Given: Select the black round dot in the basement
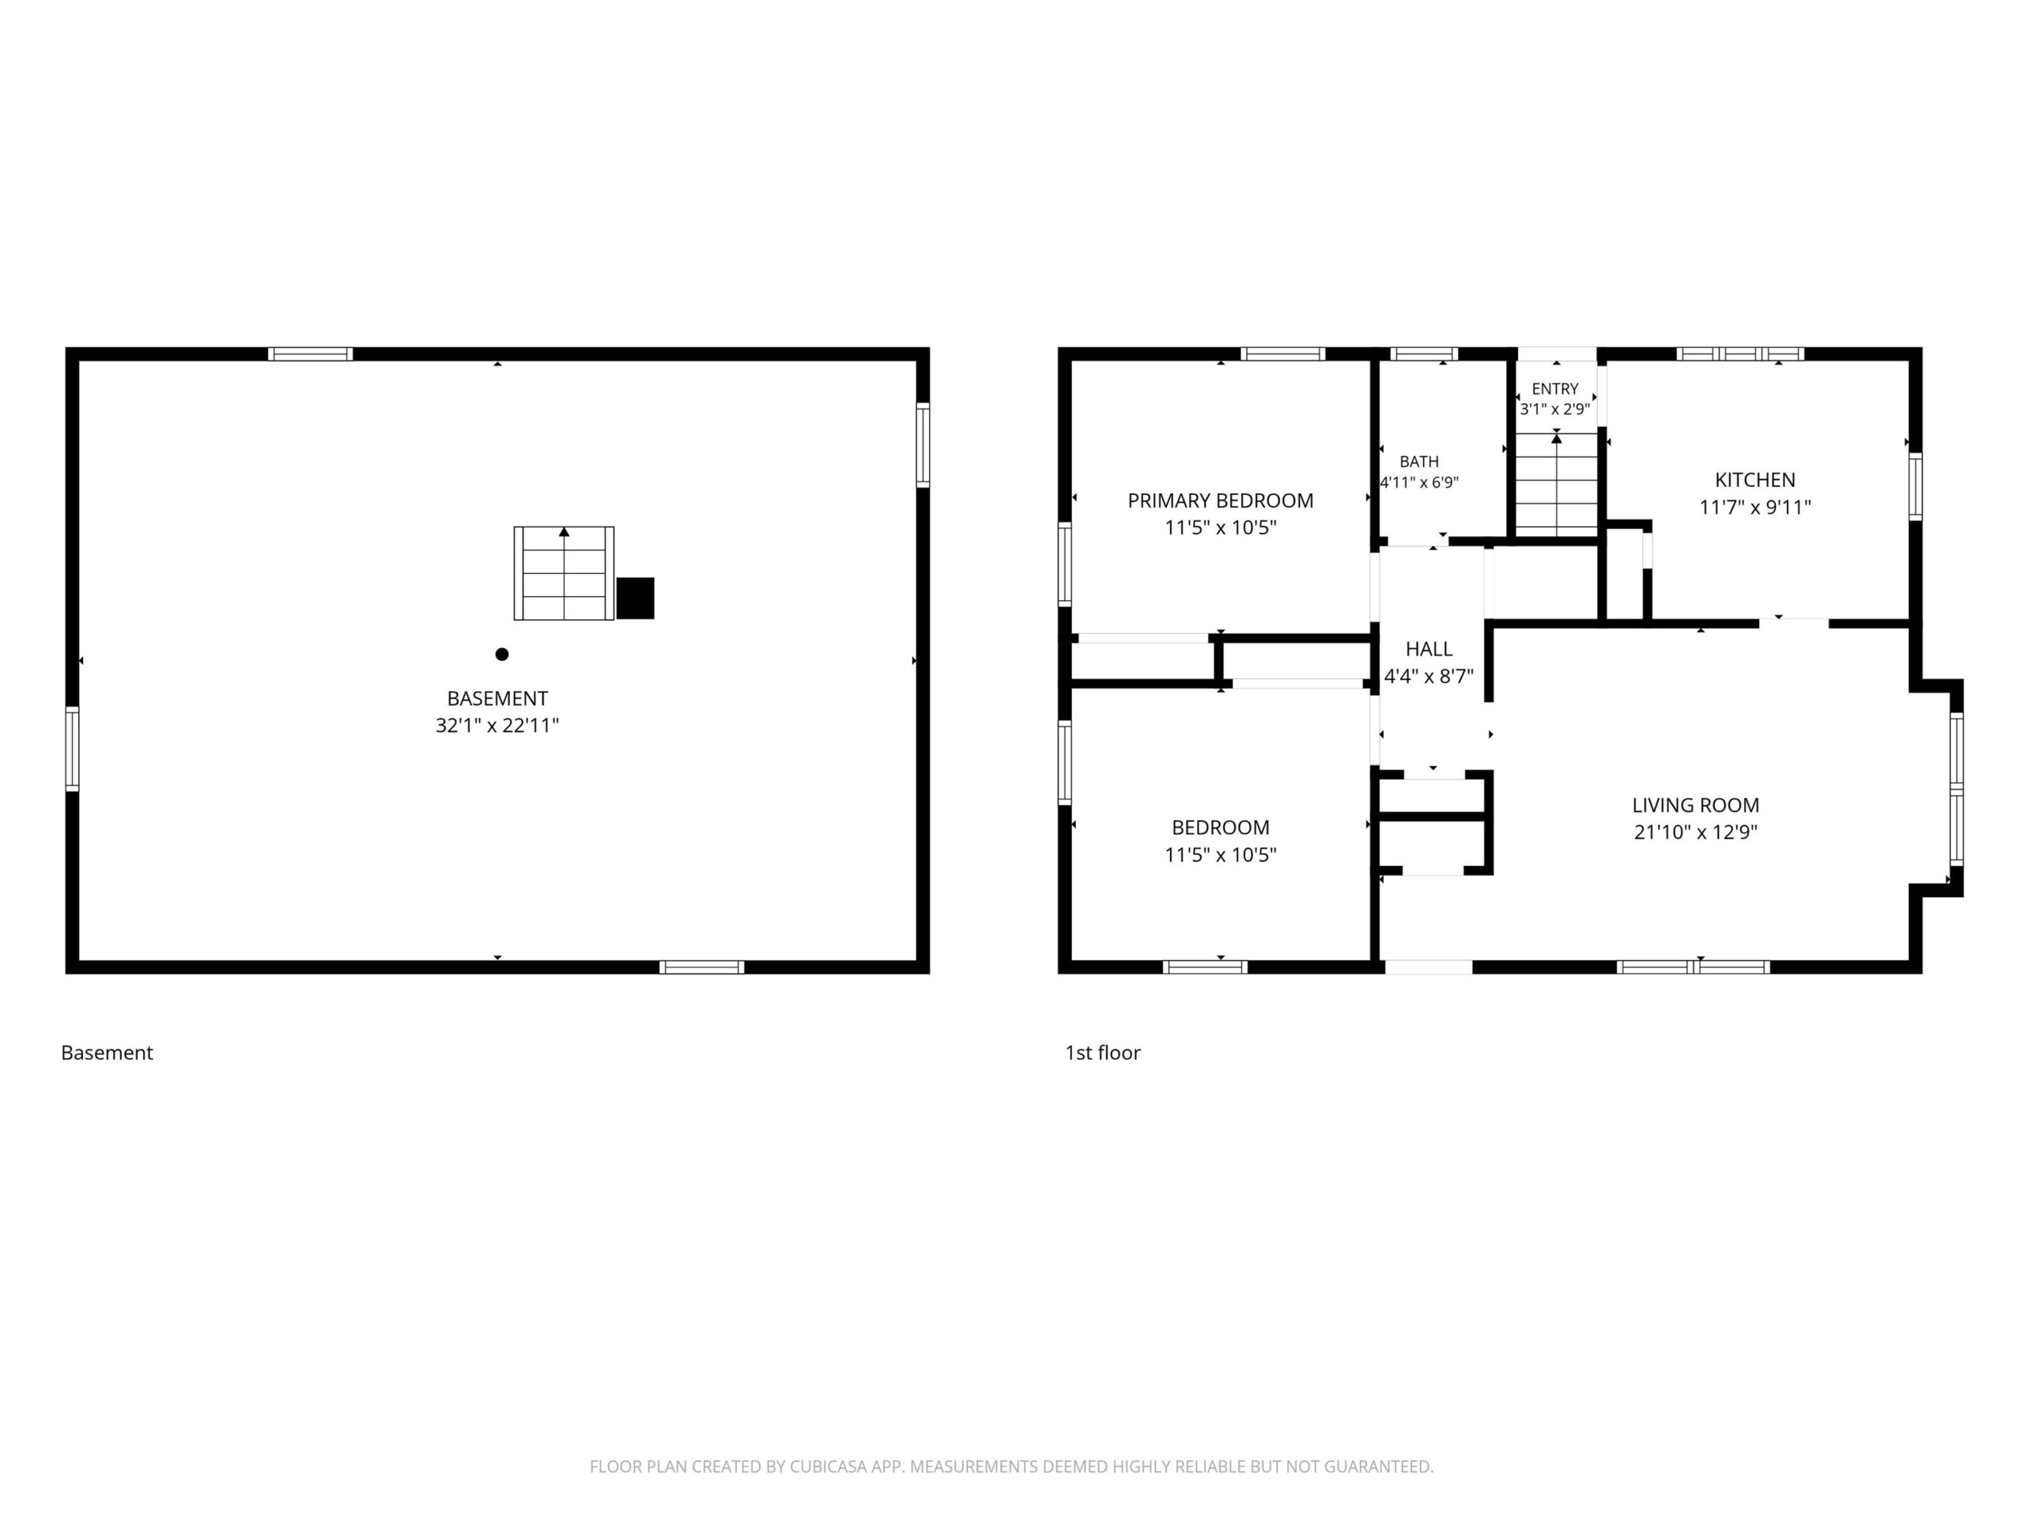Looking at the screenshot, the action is [501, 654].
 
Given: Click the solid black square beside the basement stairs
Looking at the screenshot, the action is [635, 599].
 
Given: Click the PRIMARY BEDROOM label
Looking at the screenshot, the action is [1221, 500].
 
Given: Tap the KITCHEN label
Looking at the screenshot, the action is [1755, 479].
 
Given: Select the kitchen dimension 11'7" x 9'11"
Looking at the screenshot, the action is [1755, 507].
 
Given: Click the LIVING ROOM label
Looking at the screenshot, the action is [1696, 805].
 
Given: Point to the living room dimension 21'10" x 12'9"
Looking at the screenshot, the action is [1696, 833].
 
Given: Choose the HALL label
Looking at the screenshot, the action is [1429, 649].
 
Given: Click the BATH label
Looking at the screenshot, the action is [1419, 462].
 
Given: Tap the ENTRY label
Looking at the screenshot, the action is [1555, 389].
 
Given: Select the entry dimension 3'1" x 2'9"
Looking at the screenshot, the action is [1555, 409].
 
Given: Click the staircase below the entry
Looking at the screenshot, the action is [1557, 485].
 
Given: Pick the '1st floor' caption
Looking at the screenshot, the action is [1103, 1053].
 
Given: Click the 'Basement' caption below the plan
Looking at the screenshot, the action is [107, 1053].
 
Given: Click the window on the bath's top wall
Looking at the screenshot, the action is [1424, 354].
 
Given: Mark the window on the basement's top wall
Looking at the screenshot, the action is [310, 354].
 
